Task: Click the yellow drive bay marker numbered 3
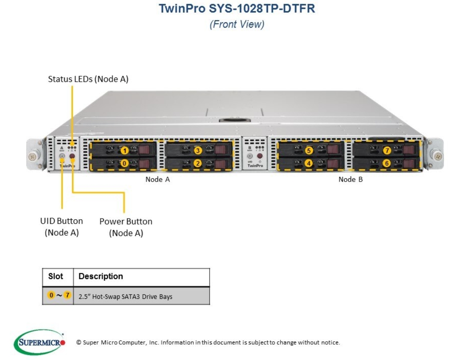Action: [x=197, y=150]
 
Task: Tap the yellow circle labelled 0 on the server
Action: [x=124, y=163]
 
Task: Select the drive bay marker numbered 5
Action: [x=309, y=150]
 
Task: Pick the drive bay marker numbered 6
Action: [x=387, y=163]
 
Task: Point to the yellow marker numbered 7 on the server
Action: [x=387, y=150]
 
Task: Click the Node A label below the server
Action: [x=158, y=179]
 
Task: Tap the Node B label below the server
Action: [x=351, y=179]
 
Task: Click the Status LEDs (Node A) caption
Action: [x=88, y=79]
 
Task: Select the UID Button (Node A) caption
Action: [x=62, y=227]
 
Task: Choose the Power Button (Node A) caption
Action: [x=126, y=227]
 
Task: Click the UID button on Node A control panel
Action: [x=62, y=156]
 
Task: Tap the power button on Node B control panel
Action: [x=260, y=156]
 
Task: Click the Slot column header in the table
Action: [x=56, y=276]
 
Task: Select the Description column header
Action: [x=101, y=276]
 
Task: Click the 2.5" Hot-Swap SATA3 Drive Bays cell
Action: [x=125, y=296]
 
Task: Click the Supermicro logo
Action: [x=39, y=342]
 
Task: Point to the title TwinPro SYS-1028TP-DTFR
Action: [x=237, y=9]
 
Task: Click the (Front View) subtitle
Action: [x=237, y=24]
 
